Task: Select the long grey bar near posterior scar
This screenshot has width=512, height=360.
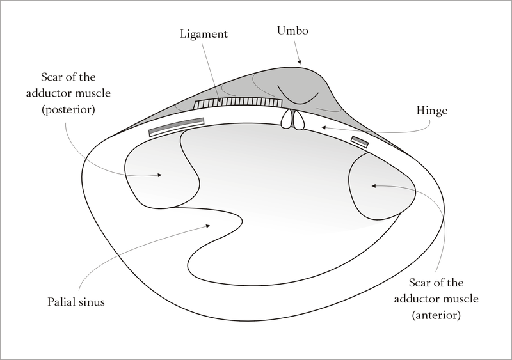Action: pyautogui.click(x=177, y=126)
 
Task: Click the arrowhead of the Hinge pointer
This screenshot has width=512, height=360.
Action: pyautogui.click(x=324, y=128)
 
